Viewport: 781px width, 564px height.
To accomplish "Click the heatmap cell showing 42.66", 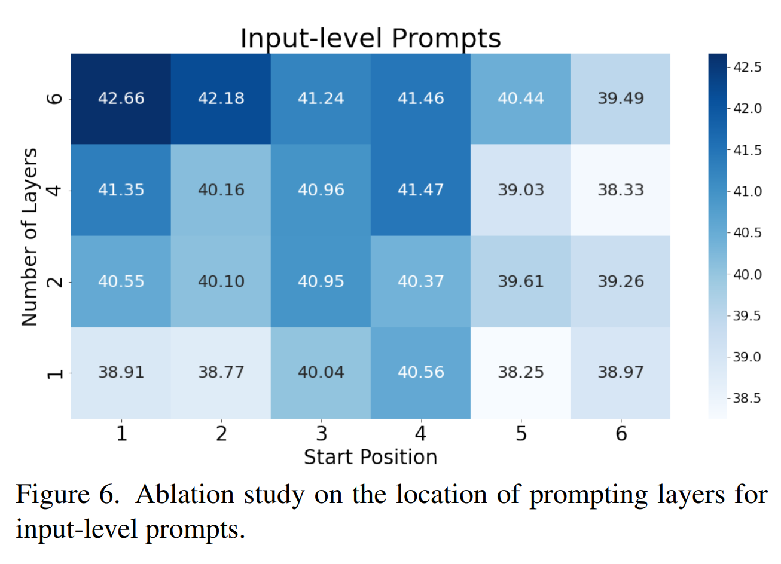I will click(121, 99).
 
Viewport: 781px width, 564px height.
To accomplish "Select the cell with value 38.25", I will click(521, 372).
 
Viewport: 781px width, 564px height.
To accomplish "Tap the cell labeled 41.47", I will click(421, 190).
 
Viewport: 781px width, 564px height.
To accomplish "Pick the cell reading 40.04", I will click(321, 372).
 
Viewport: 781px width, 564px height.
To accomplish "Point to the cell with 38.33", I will click(621, 190).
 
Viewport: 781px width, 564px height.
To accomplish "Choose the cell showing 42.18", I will click(221, 99).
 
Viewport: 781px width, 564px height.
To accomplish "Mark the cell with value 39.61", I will click(521, 281).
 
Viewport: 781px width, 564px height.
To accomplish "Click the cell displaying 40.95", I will click(321, 281).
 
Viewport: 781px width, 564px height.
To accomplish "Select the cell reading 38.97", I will click(621, 372).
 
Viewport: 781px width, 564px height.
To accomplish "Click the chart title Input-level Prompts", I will click(370, 38).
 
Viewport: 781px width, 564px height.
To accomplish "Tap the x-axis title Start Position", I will click(370, 457).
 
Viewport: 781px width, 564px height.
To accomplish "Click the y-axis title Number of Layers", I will click(30, 237).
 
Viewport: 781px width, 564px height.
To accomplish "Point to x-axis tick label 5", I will click(521, 433).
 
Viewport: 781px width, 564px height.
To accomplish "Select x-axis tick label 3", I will click(321, 433).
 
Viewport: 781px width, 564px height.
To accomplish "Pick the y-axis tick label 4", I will click(55, 191).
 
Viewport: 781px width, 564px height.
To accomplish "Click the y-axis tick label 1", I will click(55, 373).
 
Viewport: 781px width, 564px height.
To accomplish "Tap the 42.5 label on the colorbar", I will click(748, 67).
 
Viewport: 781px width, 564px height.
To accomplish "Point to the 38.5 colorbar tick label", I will click(748, 398).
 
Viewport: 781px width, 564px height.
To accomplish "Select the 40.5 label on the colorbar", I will click(748, 232).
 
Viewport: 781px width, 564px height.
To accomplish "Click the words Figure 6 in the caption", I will click(66, 495).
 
